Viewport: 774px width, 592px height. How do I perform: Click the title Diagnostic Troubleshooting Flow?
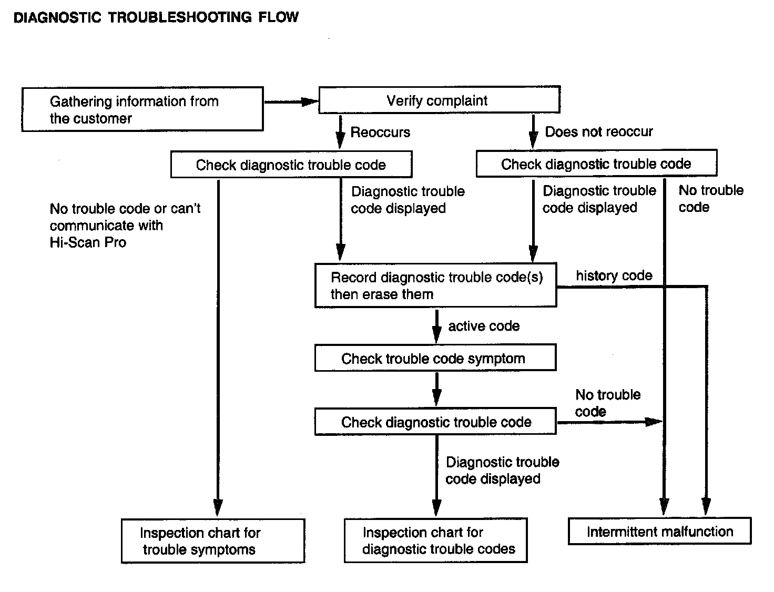point(156,17)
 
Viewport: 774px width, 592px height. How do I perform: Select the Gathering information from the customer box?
point(142,109)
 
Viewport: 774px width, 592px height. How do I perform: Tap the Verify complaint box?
point(439,100)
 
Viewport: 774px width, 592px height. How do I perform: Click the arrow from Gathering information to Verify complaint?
point(291,102)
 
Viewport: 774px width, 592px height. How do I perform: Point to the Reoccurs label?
point(380,132)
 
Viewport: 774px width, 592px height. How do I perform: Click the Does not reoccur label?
point(598,131)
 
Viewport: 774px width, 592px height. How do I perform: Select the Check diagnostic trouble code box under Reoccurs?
point(291,165)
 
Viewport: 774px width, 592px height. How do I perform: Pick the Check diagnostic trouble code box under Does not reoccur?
point(596,164)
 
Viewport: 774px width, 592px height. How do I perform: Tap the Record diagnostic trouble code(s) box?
point(435,285)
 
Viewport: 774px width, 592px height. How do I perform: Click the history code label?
point(614,275)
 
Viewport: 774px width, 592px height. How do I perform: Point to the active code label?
point(484,326)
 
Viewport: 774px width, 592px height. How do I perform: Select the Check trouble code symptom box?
point(435,359)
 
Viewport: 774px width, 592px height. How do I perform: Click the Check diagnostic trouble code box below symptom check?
point(435,422)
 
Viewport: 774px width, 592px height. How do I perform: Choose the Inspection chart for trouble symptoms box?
point(212,541)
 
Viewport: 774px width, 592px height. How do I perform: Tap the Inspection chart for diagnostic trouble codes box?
point(435,541)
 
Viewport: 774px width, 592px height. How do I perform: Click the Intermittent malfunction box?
point(659,532)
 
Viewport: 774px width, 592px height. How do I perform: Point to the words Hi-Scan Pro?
point(88,242)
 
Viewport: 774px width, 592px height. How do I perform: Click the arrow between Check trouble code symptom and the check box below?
point(436,389)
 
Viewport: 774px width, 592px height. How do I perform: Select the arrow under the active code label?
point(436,326)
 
